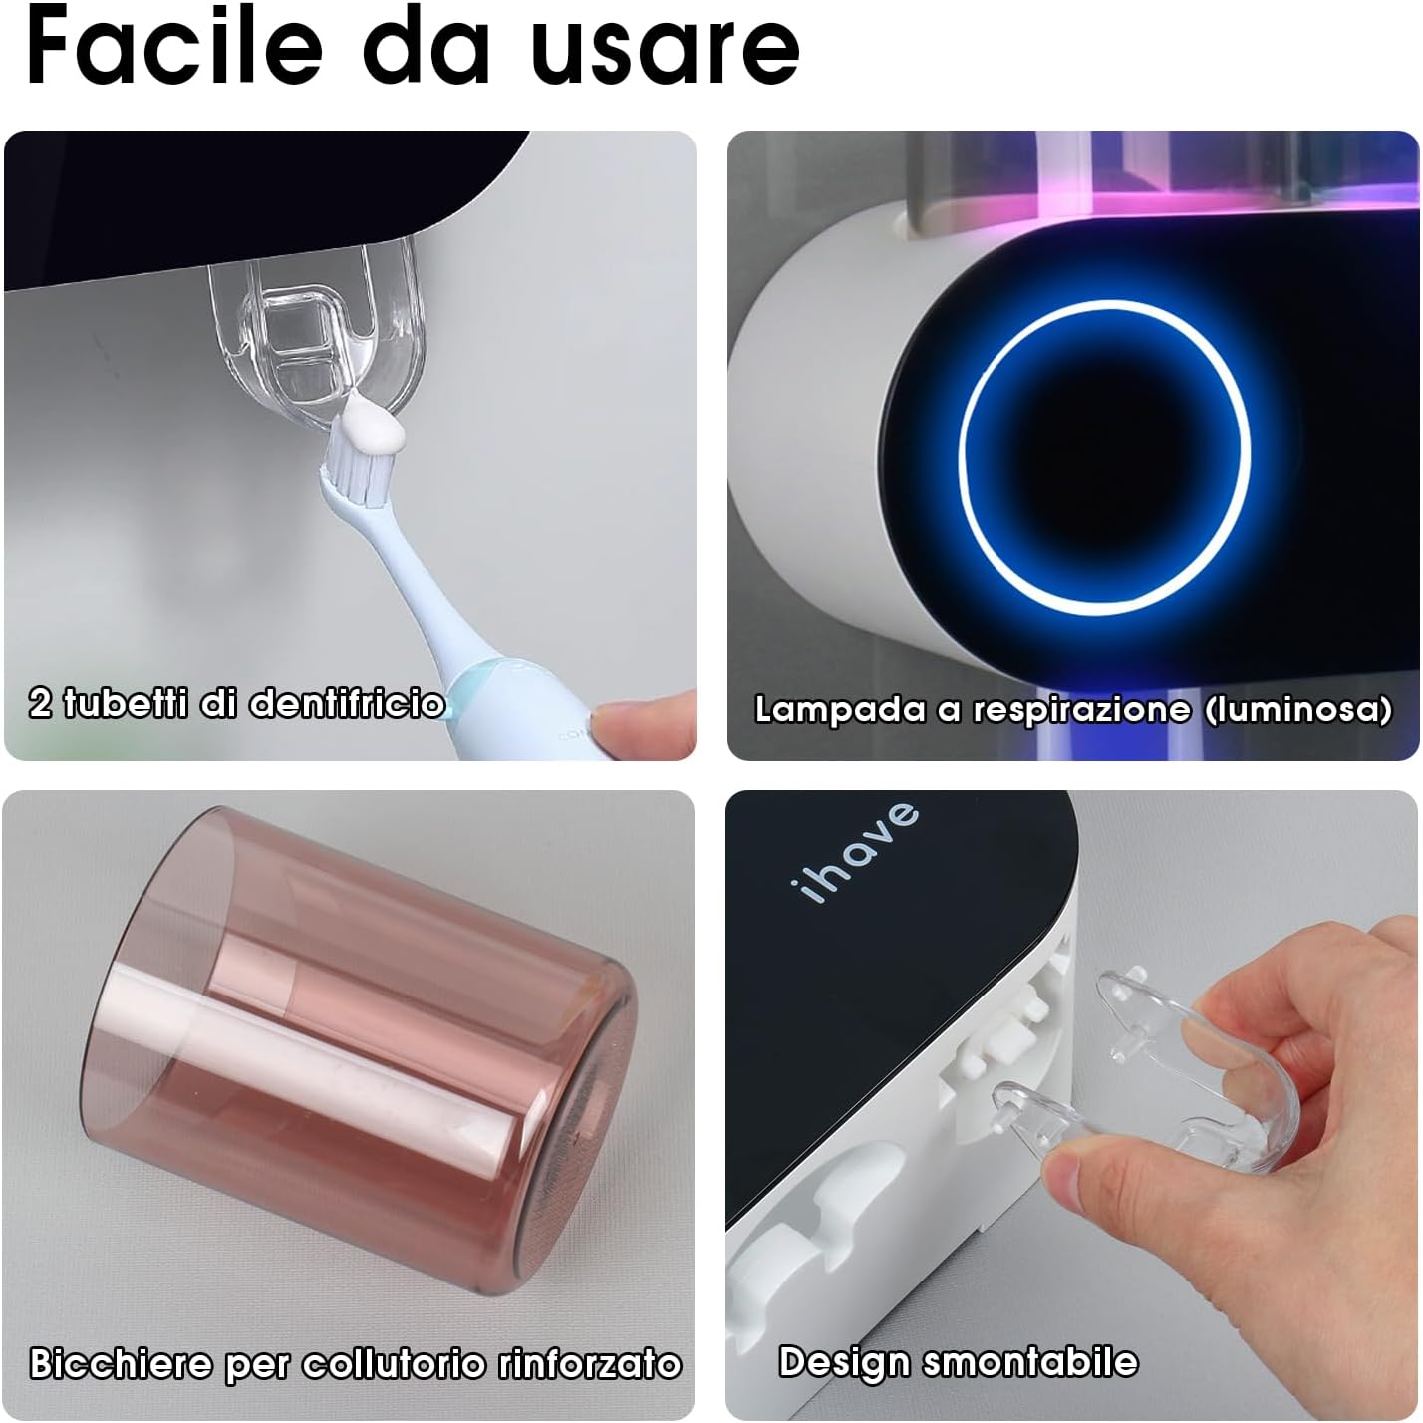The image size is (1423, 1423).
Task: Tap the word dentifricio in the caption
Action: point(346,704)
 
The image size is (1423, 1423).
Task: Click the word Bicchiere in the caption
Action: point(120,1363)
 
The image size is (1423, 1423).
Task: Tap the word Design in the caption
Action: point(843,1361)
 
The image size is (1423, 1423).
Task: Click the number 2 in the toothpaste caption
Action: point(40,704)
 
